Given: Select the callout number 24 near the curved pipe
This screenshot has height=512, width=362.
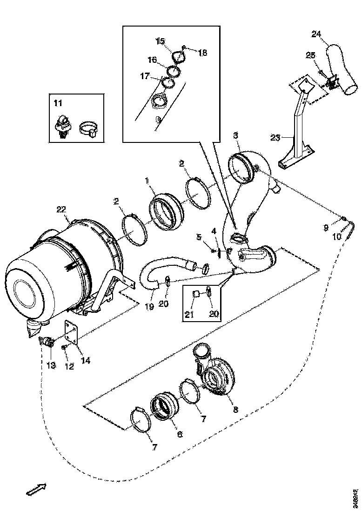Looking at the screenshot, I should [316, 34].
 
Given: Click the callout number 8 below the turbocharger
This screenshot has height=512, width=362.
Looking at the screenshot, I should [235, 410].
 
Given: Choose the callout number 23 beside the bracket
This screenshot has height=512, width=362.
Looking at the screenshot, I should [276, 137].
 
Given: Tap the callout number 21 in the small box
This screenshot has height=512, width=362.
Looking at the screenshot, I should [189, 315].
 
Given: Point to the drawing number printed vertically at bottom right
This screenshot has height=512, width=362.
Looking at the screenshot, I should [355, 498].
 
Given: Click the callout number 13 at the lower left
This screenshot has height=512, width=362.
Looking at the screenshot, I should [51, 365].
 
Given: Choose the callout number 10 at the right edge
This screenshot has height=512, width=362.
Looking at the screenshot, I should [336, 236].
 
